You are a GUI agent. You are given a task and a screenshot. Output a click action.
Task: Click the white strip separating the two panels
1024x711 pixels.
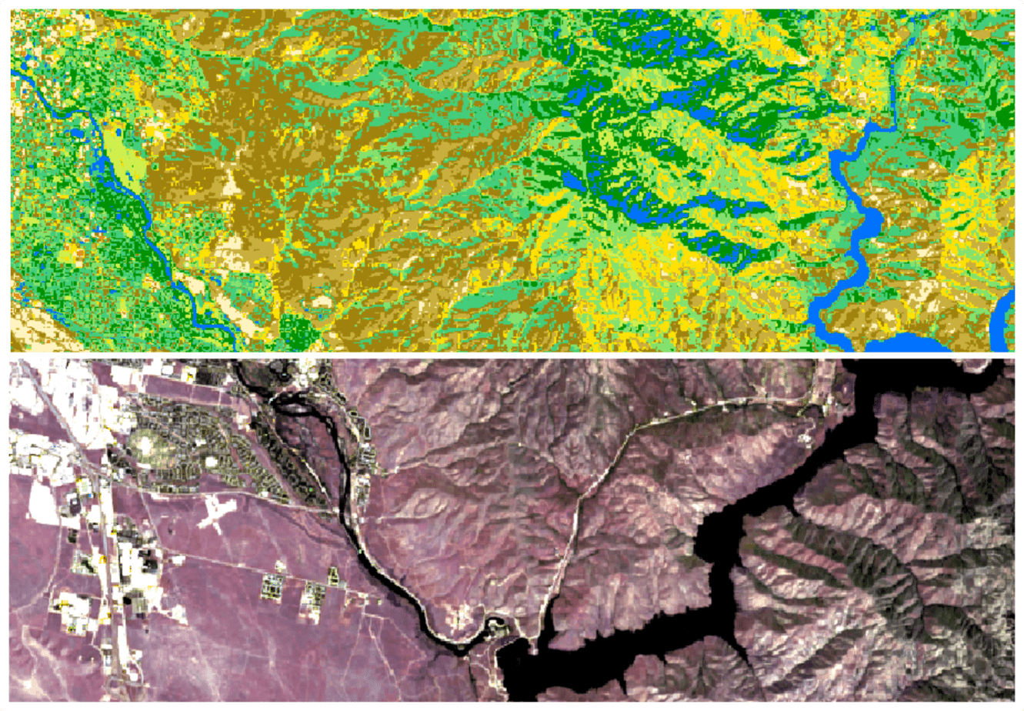(x=512, y=355)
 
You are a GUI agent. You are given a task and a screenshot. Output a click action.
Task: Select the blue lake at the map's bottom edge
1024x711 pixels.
(x=908, y=342)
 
